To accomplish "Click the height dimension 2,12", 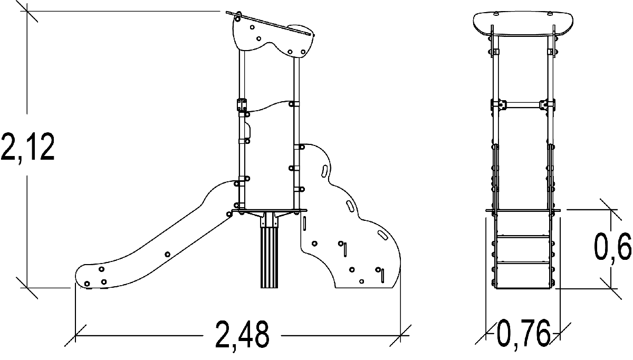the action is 27,147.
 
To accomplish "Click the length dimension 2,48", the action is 242,335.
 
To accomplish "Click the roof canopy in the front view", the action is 523,24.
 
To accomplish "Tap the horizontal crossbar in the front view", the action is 523,105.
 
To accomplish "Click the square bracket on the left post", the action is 242,105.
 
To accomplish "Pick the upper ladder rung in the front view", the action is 523,237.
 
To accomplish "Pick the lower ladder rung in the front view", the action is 523,263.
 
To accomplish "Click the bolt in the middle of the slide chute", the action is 167,255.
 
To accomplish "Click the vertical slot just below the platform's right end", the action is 304,223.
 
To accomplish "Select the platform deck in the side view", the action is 269,210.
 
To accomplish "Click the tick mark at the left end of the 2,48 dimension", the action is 75,336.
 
